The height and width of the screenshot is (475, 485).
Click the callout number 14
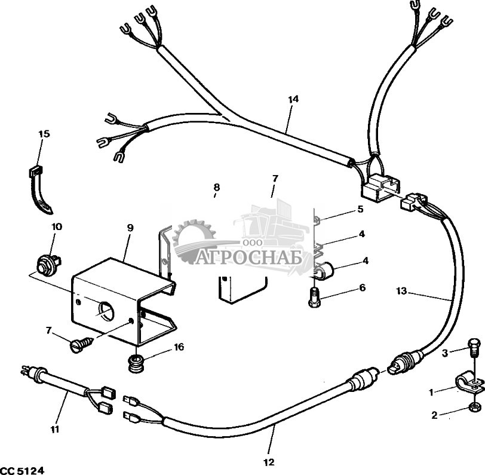[293, 99]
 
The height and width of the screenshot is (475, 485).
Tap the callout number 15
[44, 134]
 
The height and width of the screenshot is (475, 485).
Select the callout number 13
[401, 291]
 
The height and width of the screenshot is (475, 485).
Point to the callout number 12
[269, 462]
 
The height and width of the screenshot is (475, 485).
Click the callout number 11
[55, 429]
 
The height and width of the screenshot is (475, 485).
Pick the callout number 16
[179, 347]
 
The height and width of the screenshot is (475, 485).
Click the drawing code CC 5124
[22, 470]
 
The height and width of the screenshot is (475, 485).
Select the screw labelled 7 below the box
[82, 344]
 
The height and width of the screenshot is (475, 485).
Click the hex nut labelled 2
[473, 406]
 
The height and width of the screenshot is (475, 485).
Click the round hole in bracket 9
[106, 312]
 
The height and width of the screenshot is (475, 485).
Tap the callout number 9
[130, 228]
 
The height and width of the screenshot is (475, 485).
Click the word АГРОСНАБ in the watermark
[248, 258]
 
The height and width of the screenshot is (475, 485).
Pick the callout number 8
[216, 187]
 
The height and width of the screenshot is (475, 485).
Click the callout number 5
[360, 209]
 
